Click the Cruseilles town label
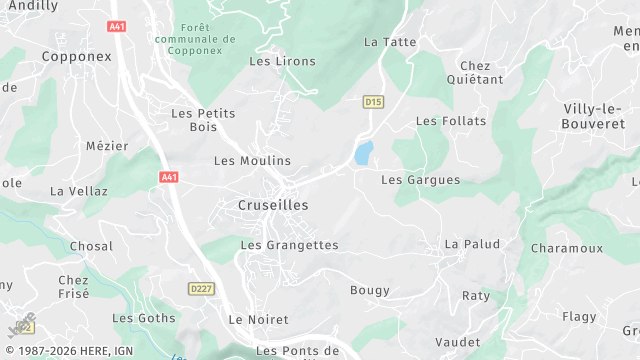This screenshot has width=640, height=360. [x=273, y=205]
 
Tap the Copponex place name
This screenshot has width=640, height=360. [x=77, y=57]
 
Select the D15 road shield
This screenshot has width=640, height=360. [x=373, y=102]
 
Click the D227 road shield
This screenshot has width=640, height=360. [x=202, y=289]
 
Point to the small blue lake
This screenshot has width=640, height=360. [x=363, y=153]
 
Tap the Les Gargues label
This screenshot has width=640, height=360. [x=420, y=180]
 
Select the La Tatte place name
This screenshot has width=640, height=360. [x=389, y=42]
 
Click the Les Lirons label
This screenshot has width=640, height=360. [x=282, y=61]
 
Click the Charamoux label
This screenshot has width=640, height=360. [x=567, y=247]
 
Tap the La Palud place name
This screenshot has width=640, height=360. [x=472, y=244]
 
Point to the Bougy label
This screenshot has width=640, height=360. [x=369, y=290]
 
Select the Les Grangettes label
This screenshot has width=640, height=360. [x=290, y=245]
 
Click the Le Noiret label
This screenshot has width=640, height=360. [x=258, y=320]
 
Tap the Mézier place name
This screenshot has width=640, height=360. [x=107, y=146]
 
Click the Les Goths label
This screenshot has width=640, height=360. [x=143, y=318]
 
